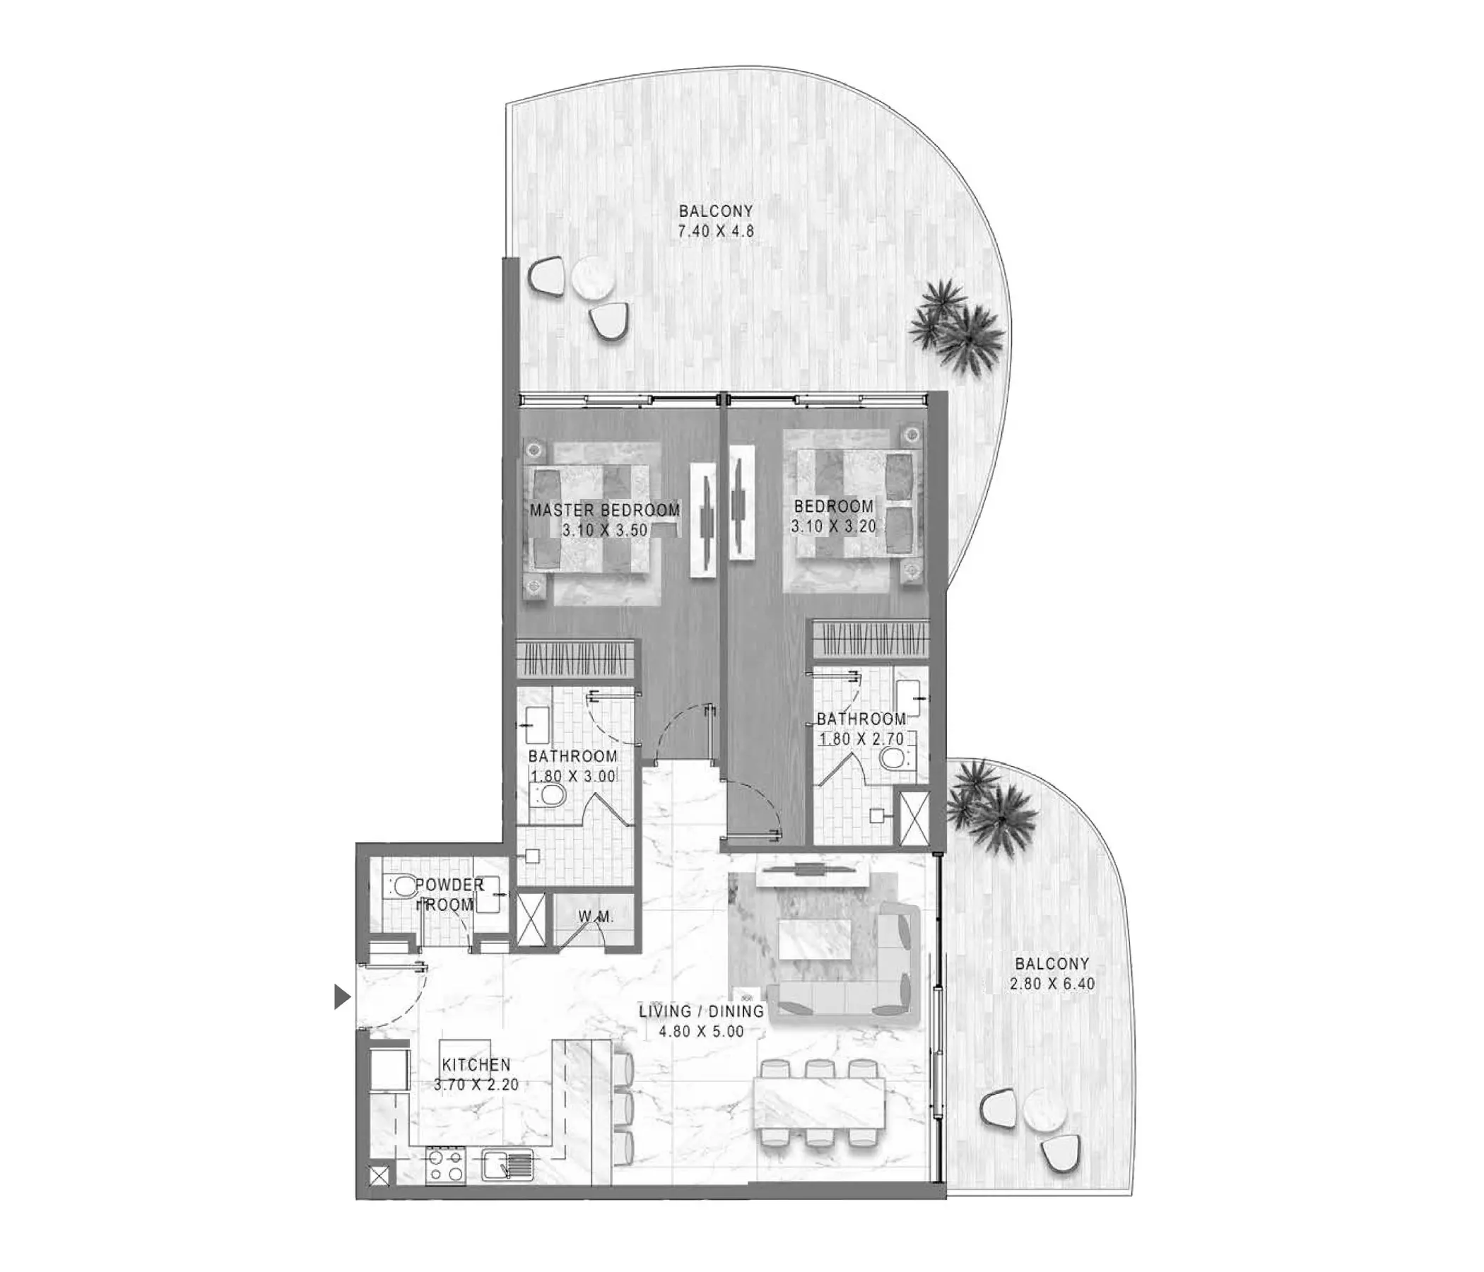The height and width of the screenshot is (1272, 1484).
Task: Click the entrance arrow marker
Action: pos(342,996)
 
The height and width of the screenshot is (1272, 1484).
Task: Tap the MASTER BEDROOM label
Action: pos(605,510)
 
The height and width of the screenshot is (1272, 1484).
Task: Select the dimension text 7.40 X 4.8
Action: pos(717,231)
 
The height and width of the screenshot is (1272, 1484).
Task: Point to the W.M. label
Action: pos(596,917)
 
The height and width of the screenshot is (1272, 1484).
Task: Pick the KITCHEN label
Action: pos(476,1065)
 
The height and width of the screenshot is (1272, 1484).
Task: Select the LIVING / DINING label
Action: pos(702,1011)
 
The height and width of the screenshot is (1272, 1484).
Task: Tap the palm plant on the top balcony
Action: pos(957,326)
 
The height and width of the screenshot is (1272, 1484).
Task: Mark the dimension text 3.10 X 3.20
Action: pos(834,526)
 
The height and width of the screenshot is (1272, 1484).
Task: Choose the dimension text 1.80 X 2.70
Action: pos(861,738)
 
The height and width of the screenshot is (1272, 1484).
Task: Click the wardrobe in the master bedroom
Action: pos(575,658)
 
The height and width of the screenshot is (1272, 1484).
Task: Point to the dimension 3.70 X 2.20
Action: pos(476,1084)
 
